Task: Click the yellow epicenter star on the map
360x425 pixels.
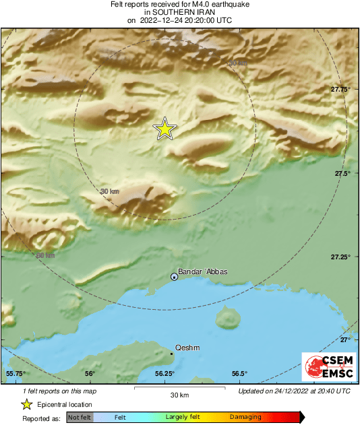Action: [x=164, y=129]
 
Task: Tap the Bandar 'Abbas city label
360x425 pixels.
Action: [x=203, y=272]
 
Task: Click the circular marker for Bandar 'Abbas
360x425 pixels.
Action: [x=174, y=277]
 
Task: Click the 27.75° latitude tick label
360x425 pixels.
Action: [x=340, y=89]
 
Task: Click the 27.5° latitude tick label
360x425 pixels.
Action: [x=342, y=173]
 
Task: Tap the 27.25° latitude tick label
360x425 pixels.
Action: [x=340, y=257]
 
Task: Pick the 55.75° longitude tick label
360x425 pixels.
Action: [x=16, y=373]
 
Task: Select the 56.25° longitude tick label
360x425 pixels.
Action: [x=165, y=373]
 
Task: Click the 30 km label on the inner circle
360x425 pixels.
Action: [x=109, y=192]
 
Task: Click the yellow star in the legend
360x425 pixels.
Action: [x=26, y=404]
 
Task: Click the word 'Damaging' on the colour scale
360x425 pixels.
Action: [x=245, y=418]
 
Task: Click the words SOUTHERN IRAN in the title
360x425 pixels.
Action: [x=180, y=12]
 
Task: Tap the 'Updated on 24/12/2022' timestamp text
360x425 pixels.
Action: [x=294, y=391]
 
